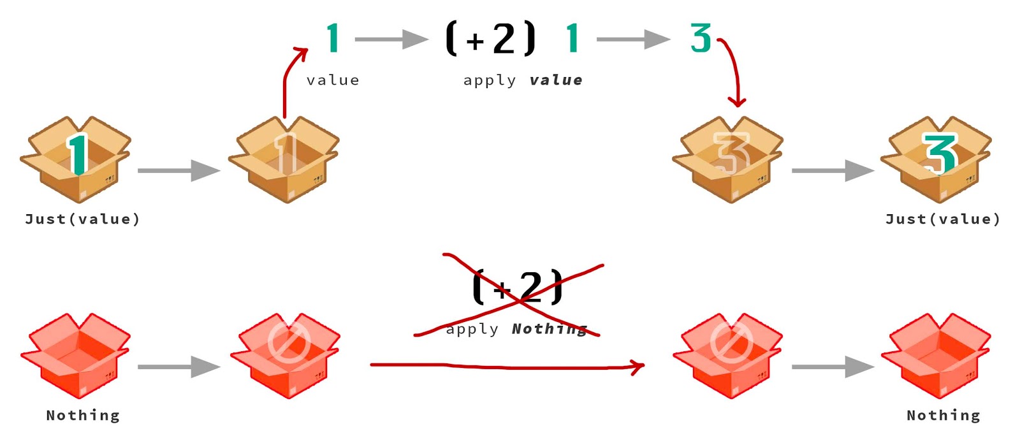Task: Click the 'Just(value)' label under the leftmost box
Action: click(x=82, y=219)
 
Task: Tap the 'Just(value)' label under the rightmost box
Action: click(x=943, y=219)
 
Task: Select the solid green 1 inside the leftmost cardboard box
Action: click(x=78, y=154)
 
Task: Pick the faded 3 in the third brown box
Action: click(x=731, y=154)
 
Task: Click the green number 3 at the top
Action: click(x=701, y=38)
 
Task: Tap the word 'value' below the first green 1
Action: click(x=333, y=80)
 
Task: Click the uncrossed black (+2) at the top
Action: click(x=490, y=39)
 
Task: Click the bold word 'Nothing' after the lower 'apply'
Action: click(x=549, y=329)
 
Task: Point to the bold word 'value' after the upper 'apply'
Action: click(x=556, y=80)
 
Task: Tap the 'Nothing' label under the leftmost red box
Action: click(x=83, y=416)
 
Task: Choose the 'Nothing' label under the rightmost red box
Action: click(x=943, y=416)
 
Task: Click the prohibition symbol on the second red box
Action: click(x=289, y=342)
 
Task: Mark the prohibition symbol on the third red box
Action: click(x=731, y=342)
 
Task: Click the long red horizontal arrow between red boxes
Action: click(x=507, y=366)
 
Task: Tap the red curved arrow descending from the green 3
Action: click(x=734, y=70)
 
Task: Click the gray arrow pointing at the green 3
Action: click(x=632, y=40)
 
